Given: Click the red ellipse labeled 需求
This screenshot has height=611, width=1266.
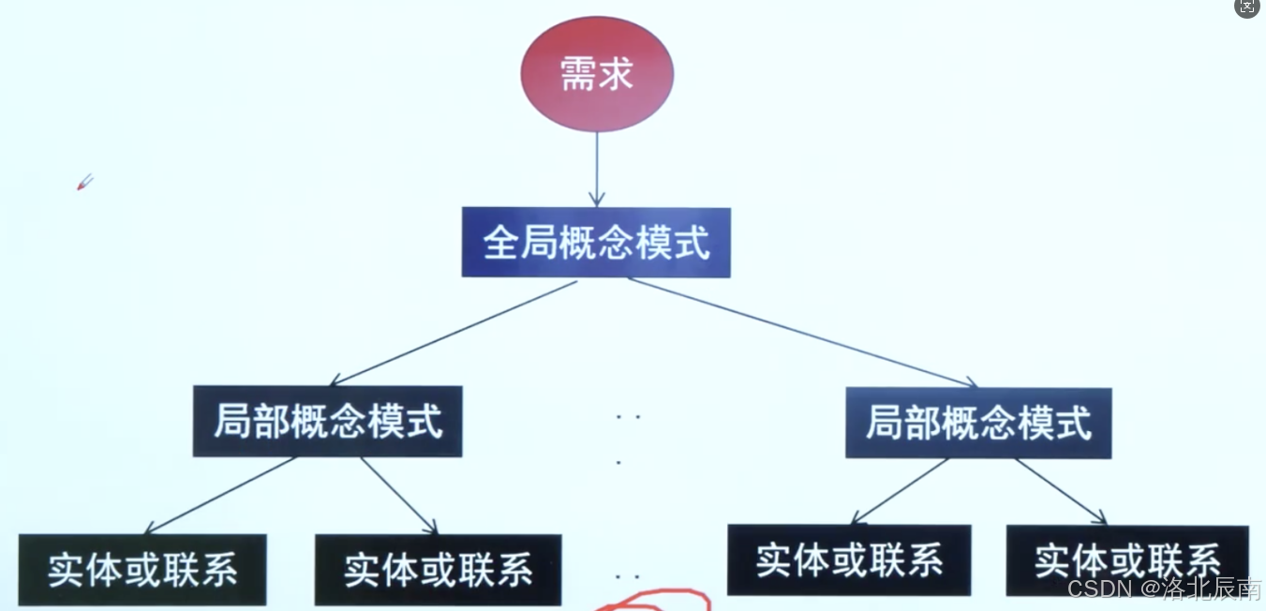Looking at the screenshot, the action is point(597,74).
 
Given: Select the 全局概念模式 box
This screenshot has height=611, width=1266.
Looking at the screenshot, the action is point(596,243).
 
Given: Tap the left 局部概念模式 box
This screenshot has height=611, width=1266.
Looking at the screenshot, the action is point(327,422).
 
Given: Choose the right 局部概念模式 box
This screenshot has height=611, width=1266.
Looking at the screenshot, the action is point(978,424).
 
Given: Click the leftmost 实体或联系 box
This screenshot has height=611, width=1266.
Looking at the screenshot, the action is point(142,570).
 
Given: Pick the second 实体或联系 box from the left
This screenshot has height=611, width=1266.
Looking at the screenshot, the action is point(438,570).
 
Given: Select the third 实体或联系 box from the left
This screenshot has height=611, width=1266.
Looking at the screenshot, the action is point(849,560).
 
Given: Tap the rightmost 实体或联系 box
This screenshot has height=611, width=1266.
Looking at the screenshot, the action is point(1127,561).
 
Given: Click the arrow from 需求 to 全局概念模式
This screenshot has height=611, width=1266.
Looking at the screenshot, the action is point(597,169).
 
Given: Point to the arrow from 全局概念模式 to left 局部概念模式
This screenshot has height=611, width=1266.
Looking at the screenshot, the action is point(454,333).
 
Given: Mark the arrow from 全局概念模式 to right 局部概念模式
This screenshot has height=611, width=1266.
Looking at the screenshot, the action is point(801,333).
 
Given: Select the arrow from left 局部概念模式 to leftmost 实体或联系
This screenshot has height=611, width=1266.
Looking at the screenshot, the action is point(220,496).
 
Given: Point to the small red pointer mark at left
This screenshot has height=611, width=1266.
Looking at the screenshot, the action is point(84,182).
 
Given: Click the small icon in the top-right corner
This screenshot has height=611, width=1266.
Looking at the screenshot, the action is point(1247,7).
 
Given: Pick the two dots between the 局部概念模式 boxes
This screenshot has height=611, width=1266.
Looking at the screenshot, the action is point(628,416).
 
